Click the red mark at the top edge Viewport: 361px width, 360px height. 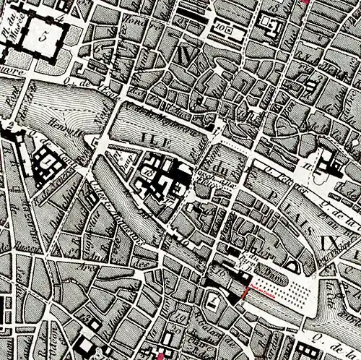(306, 2)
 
